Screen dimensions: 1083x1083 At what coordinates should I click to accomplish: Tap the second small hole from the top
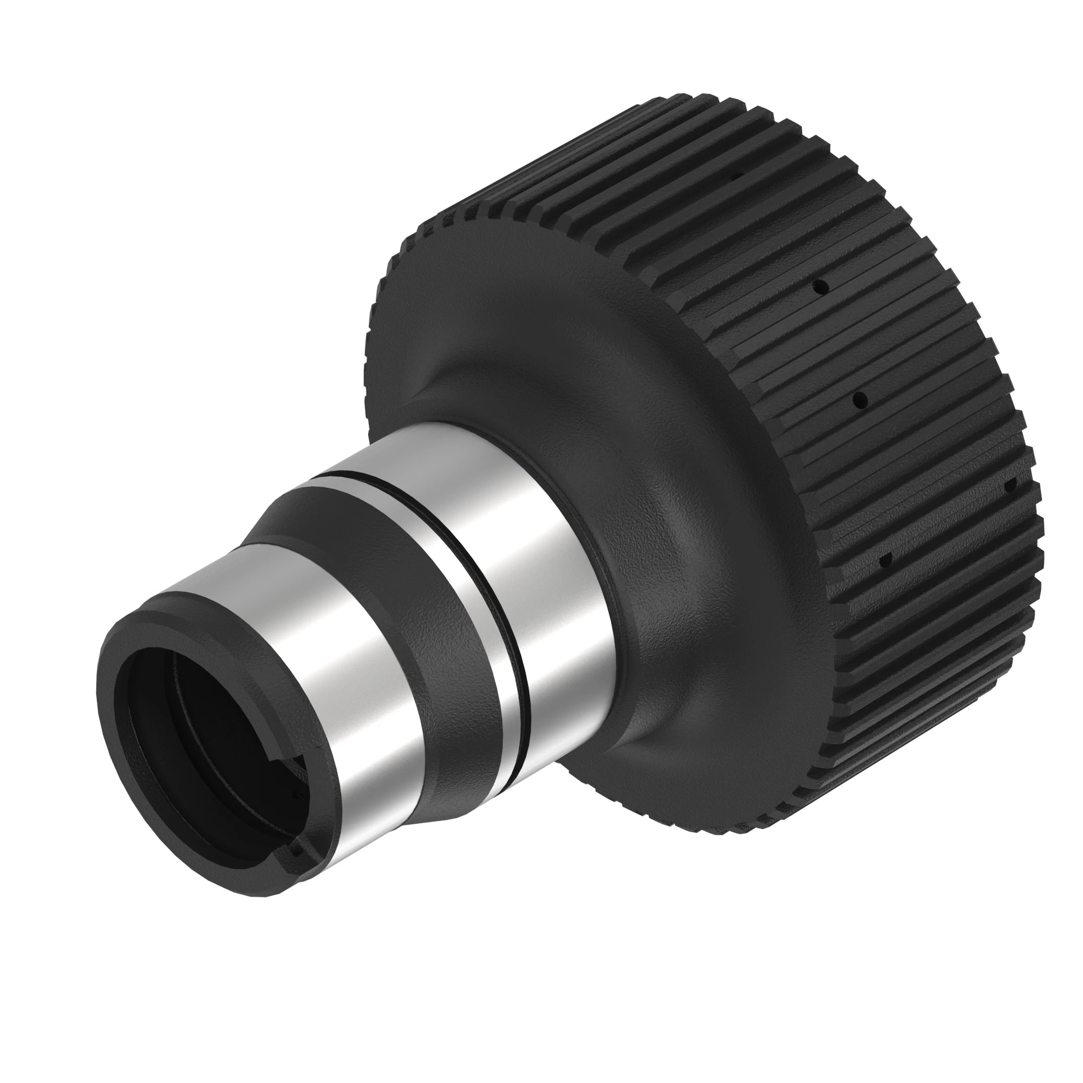coord(823,286)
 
